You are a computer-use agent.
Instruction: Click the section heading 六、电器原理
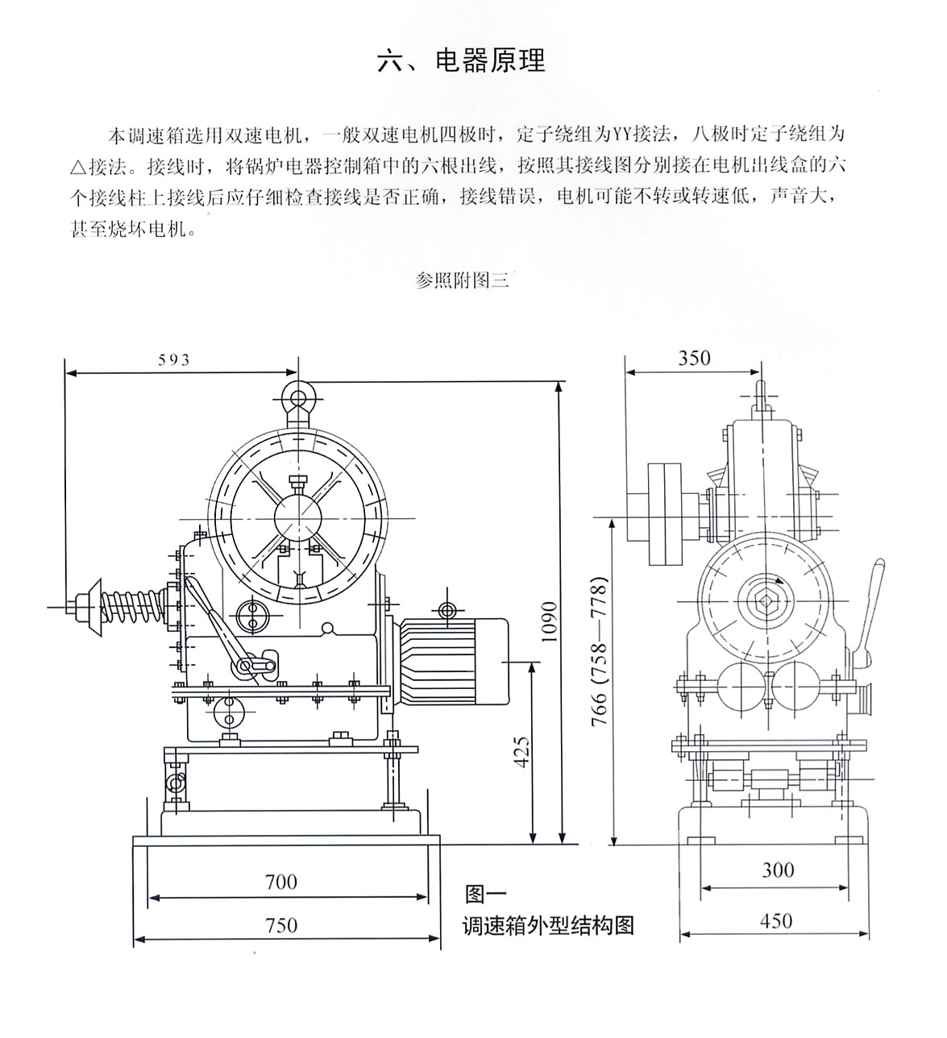point(461,61)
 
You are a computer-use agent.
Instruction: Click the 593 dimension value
point(173,360)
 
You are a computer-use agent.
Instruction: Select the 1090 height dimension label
point(548,621)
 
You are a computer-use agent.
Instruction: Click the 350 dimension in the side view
point(694,359)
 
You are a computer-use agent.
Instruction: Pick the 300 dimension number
point(777,870)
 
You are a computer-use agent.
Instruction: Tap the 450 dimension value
point(775,920)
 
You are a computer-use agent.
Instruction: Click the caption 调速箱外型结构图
point(548,925)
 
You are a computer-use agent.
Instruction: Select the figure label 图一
point(484,894)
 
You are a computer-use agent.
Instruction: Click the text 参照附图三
point(462,280)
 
